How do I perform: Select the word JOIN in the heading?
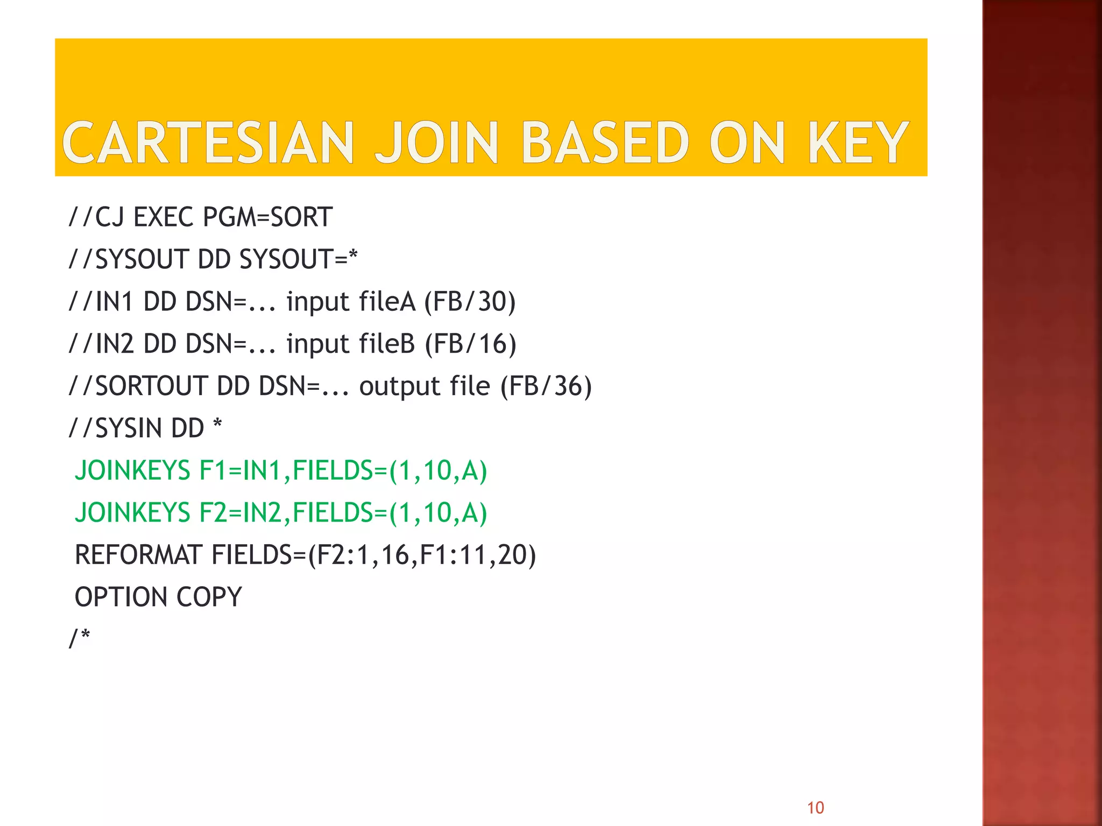tap(436, 143)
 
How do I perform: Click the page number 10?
tap(815, 807)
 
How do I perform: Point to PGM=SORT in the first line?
tap(267, 217)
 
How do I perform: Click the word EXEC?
tap(163, 217)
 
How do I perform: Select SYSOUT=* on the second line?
tap(298, 259)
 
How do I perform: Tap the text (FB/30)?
tap(470, 302)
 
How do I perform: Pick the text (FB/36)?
tap(546, 386)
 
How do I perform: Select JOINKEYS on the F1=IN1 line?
tap(132, 471)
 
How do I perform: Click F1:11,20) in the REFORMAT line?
tap(478, 555)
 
